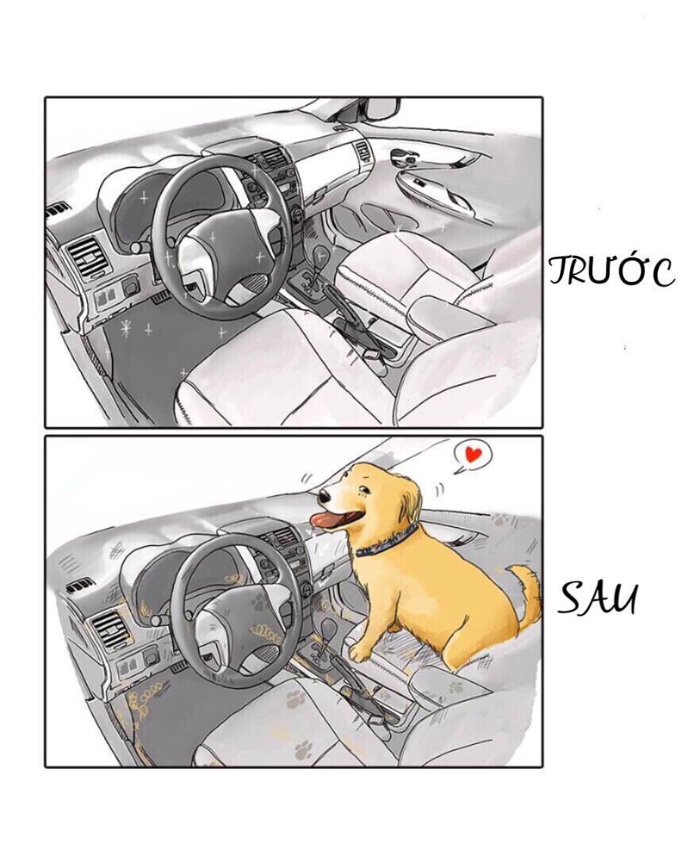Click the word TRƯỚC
611,271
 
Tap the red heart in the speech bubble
473,455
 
